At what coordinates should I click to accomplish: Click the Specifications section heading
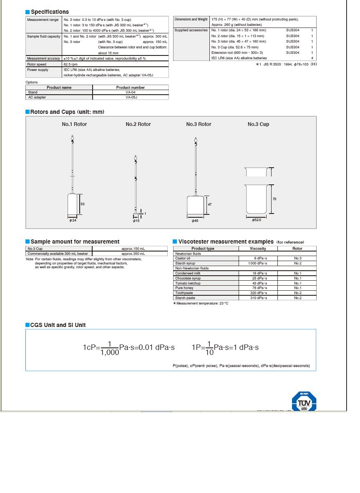click(x=50, y=12)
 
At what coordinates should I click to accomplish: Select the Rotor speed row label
click(x=36, y=64)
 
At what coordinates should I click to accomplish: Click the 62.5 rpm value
click(x=70, y=64)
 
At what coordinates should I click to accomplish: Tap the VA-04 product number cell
click(x=130, y=92)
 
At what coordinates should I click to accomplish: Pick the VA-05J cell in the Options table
click(x=130, y=97)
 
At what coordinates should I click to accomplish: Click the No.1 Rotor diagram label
click(x=74, y=124)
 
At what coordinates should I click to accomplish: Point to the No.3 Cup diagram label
click(x=258, y=124)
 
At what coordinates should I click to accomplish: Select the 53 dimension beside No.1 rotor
click(x=82, y=204)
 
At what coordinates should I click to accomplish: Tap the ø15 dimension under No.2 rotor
click(x=136, y=220)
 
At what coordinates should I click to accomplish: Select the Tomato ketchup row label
click(x=188, y=283)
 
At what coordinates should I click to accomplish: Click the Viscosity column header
click(x=258, y=249)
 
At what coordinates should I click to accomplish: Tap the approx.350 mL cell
click(x=133, y=254)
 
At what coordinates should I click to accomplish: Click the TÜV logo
click(x=304, y=401)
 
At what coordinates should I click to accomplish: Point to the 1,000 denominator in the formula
click(x=110, y=352)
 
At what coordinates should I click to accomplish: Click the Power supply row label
click(x=38, y=70)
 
